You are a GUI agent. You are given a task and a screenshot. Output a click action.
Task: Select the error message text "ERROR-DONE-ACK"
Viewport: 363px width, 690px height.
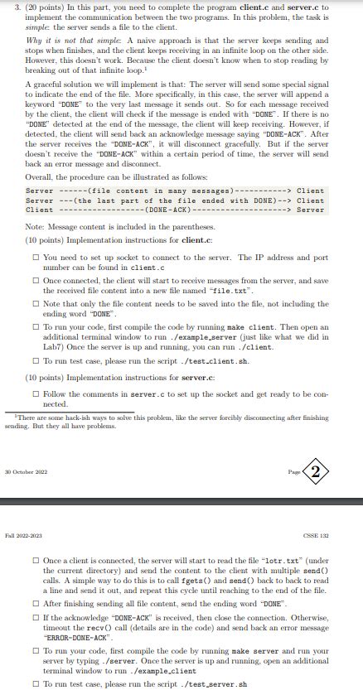[x=70, y=638]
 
